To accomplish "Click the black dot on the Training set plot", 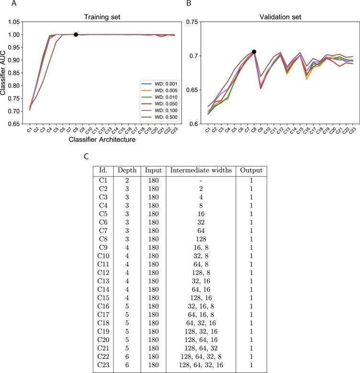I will tap(76, 34).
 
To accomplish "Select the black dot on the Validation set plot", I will tap(254, 52).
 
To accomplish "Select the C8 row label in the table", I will tap(102, 248).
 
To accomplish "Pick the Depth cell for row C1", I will tap(126, 180).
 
